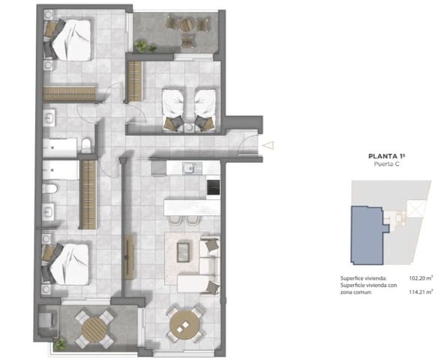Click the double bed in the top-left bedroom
click(71, 39)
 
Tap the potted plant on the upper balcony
click(144, 46)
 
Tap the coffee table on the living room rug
click(183, 252)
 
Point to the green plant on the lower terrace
click(60, 345)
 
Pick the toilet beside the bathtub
click(88, 145)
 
